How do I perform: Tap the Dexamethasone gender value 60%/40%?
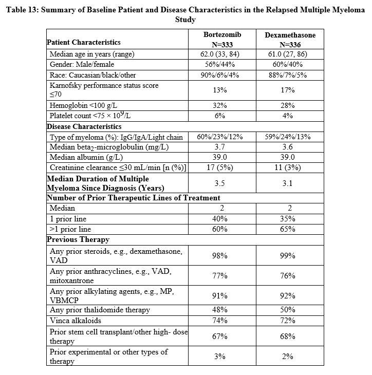pos(288,64)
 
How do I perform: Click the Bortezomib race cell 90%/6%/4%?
pos(219,74)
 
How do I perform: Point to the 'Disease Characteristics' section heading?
pos(84,126)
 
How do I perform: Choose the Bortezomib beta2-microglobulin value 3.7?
pos(220,147)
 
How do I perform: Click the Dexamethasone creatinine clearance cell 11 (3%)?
pos(288,167)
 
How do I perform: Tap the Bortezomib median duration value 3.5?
pos(220,183)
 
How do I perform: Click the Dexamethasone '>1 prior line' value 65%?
pos(288,229)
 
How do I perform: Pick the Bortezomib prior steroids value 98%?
pos(220,255)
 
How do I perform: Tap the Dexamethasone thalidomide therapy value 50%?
pos(288,310)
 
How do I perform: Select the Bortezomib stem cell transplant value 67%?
pos(220,336)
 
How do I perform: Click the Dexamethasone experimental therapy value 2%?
pos(288,356)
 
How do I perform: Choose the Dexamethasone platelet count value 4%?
pos(288,116)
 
